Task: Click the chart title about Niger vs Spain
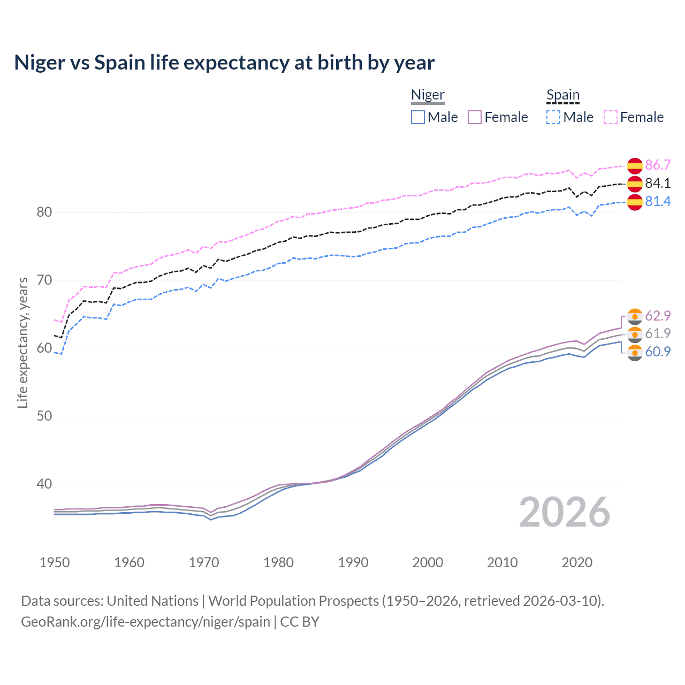224,63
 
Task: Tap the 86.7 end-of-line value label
658,165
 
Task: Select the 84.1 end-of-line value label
658,183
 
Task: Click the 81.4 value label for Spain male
658,201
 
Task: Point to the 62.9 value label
658,316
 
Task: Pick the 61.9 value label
658,333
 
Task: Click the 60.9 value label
658,352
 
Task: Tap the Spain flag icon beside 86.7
635,165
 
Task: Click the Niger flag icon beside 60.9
635,353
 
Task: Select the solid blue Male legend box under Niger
418,117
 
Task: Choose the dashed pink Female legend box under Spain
611,117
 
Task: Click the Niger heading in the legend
428,95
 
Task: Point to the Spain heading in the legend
563,95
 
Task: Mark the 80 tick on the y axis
44,212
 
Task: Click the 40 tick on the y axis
44,484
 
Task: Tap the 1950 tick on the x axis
55,562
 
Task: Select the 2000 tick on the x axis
428,562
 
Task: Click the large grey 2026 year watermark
565,512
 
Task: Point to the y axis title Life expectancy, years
23,342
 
